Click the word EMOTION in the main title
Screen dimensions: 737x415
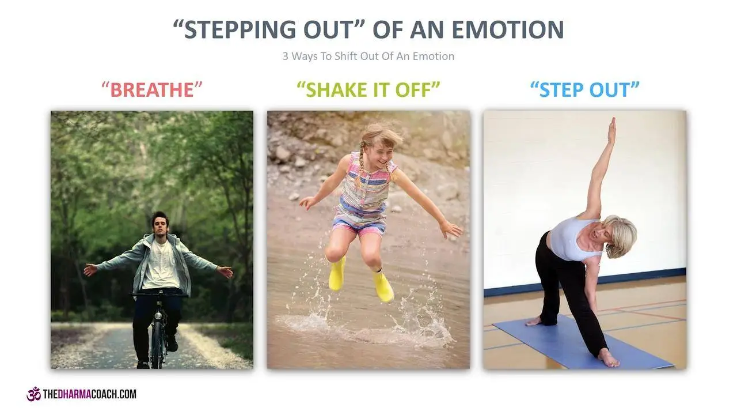pos(508,29)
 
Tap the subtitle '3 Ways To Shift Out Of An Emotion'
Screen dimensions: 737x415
pos(368,56)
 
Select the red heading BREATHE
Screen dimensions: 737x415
pos(151,90)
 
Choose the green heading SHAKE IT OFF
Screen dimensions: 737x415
pos(368,90)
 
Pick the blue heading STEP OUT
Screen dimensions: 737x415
pos(584,90)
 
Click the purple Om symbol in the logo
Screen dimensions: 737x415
pos(33,394)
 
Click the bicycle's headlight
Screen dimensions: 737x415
pos(158,315)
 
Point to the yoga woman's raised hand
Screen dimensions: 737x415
pos(611,129)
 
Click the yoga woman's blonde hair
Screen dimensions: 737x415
pos(622,236)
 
